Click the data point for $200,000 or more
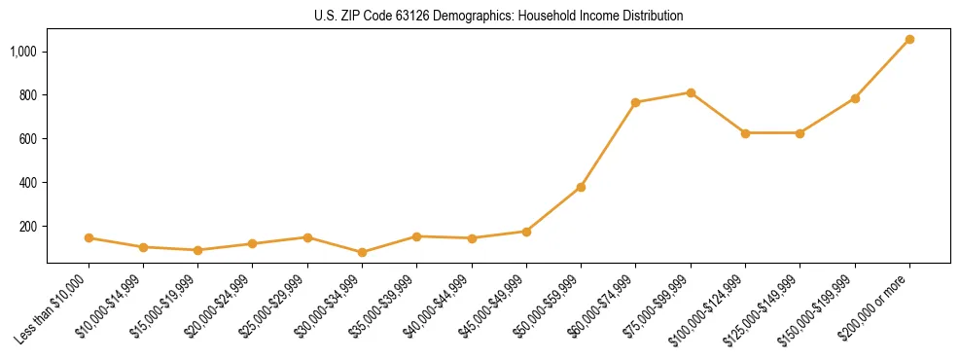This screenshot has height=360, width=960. tap(909, 39)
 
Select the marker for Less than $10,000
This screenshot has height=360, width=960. tap(89, 237)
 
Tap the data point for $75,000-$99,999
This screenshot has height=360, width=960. tap(691, 92)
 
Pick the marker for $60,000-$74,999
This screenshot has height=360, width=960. tap(635, 102)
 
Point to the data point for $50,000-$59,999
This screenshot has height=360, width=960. tap(581, 187)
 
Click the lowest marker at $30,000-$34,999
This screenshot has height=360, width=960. tap(362, 252)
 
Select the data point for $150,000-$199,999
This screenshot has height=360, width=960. tap(855, 98)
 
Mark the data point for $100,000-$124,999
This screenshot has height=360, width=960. tap(745, 133)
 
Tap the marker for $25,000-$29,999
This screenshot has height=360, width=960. tap(307, 237)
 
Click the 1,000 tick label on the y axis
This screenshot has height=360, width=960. tap(23, 51)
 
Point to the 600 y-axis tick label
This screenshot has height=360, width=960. tap(28, 138)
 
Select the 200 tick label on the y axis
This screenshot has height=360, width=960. tap(28, 226)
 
